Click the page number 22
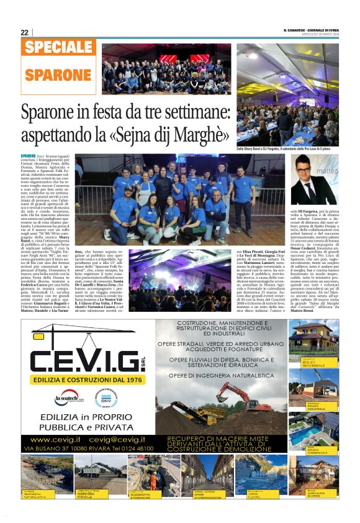point(25,32)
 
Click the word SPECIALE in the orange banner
point(60,48)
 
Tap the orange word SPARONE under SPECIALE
point(58,75)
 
